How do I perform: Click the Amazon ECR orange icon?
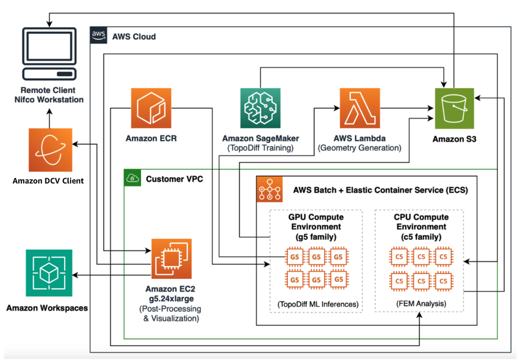click(151, 109)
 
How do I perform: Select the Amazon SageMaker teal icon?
click(261, 109)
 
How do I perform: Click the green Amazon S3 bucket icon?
click(454, 109)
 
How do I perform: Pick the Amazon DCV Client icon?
click(50, 150)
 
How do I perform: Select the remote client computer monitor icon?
click(50, 54)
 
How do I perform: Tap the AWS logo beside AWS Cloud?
click(98, 35)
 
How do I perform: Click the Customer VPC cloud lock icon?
click(132, 178)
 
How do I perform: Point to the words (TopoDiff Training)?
click(261, 148)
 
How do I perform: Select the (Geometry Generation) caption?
click(360, 148)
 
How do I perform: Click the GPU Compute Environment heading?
click(316, 227)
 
